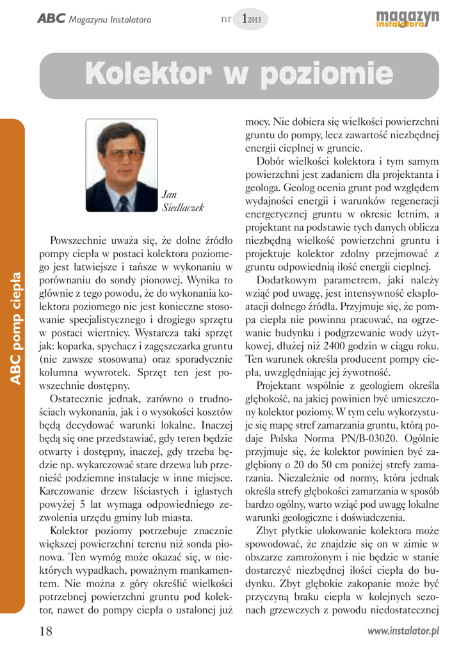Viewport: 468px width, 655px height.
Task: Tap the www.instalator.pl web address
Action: [403, 631]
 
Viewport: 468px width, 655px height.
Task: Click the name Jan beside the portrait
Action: [169, 194]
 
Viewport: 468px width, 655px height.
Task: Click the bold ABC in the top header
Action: [51, 19]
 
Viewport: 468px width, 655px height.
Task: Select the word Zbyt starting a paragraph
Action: [267, 530]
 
